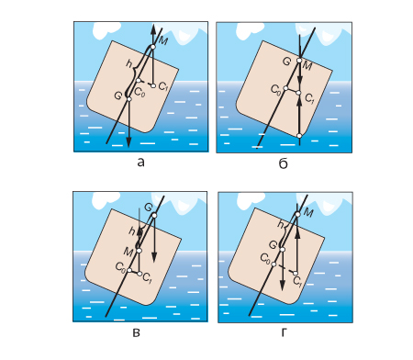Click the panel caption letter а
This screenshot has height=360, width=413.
[x=140, y=163]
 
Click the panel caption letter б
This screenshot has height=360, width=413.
[x=284, y=164]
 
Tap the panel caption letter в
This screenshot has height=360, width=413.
[x=137, y=332]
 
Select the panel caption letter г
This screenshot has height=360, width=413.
[x=284, y=332]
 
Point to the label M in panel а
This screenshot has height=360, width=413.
[x=163, y=40]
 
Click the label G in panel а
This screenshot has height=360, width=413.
[x=117, y=96]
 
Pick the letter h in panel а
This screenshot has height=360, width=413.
[x=129, y=63]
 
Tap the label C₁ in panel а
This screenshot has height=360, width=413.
[x=163, y=86]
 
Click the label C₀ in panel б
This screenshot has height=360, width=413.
[x=275, y=90]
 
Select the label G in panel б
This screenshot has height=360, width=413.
[x=286, y=62]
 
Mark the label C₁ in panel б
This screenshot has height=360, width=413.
[x=309, y=98]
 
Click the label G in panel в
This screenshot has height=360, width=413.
[x=148, y=208]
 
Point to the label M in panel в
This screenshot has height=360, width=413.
[x=128, y=252]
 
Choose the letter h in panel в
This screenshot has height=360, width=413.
[x=132, y=231]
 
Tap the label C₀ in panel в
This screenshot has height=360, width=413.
[x=120, y=267]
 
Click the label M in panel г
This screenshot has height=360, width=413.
[x=309, y=213]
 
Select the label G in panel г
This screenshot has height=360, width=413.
[x=273, y=244]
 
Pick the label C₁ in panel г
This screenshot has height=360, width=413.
[x=297, y=281]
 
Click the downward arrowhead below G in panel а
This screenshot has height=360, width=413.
[x=128, y=142]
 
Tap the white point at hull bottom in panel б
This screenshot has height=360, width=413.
[x=299, y=136]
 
